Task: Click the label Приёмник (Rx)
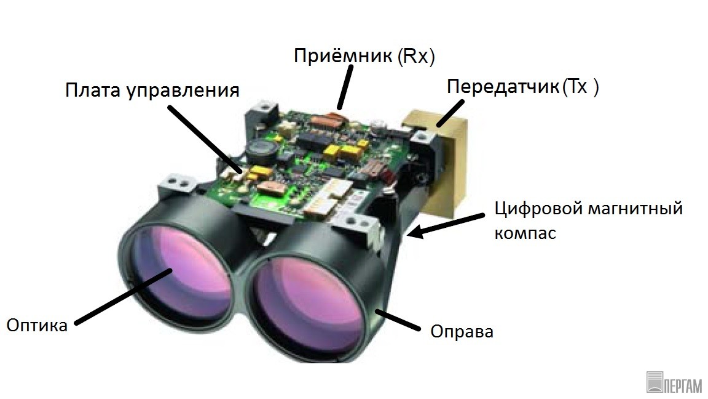(x=364, y=56)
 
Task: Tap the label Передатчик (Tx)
(x=523, y=86)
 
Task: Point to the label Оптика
(x=37, y=325)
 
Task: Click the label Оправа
(x=462, y=332)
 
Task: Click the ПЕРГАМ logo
(x=674, y=383)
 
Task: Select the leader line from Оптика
(x=124, y=296)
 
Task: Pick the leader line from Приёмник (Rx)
(x=345, y=88)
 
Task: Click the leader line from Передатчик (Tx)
(x=450, y=113)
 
